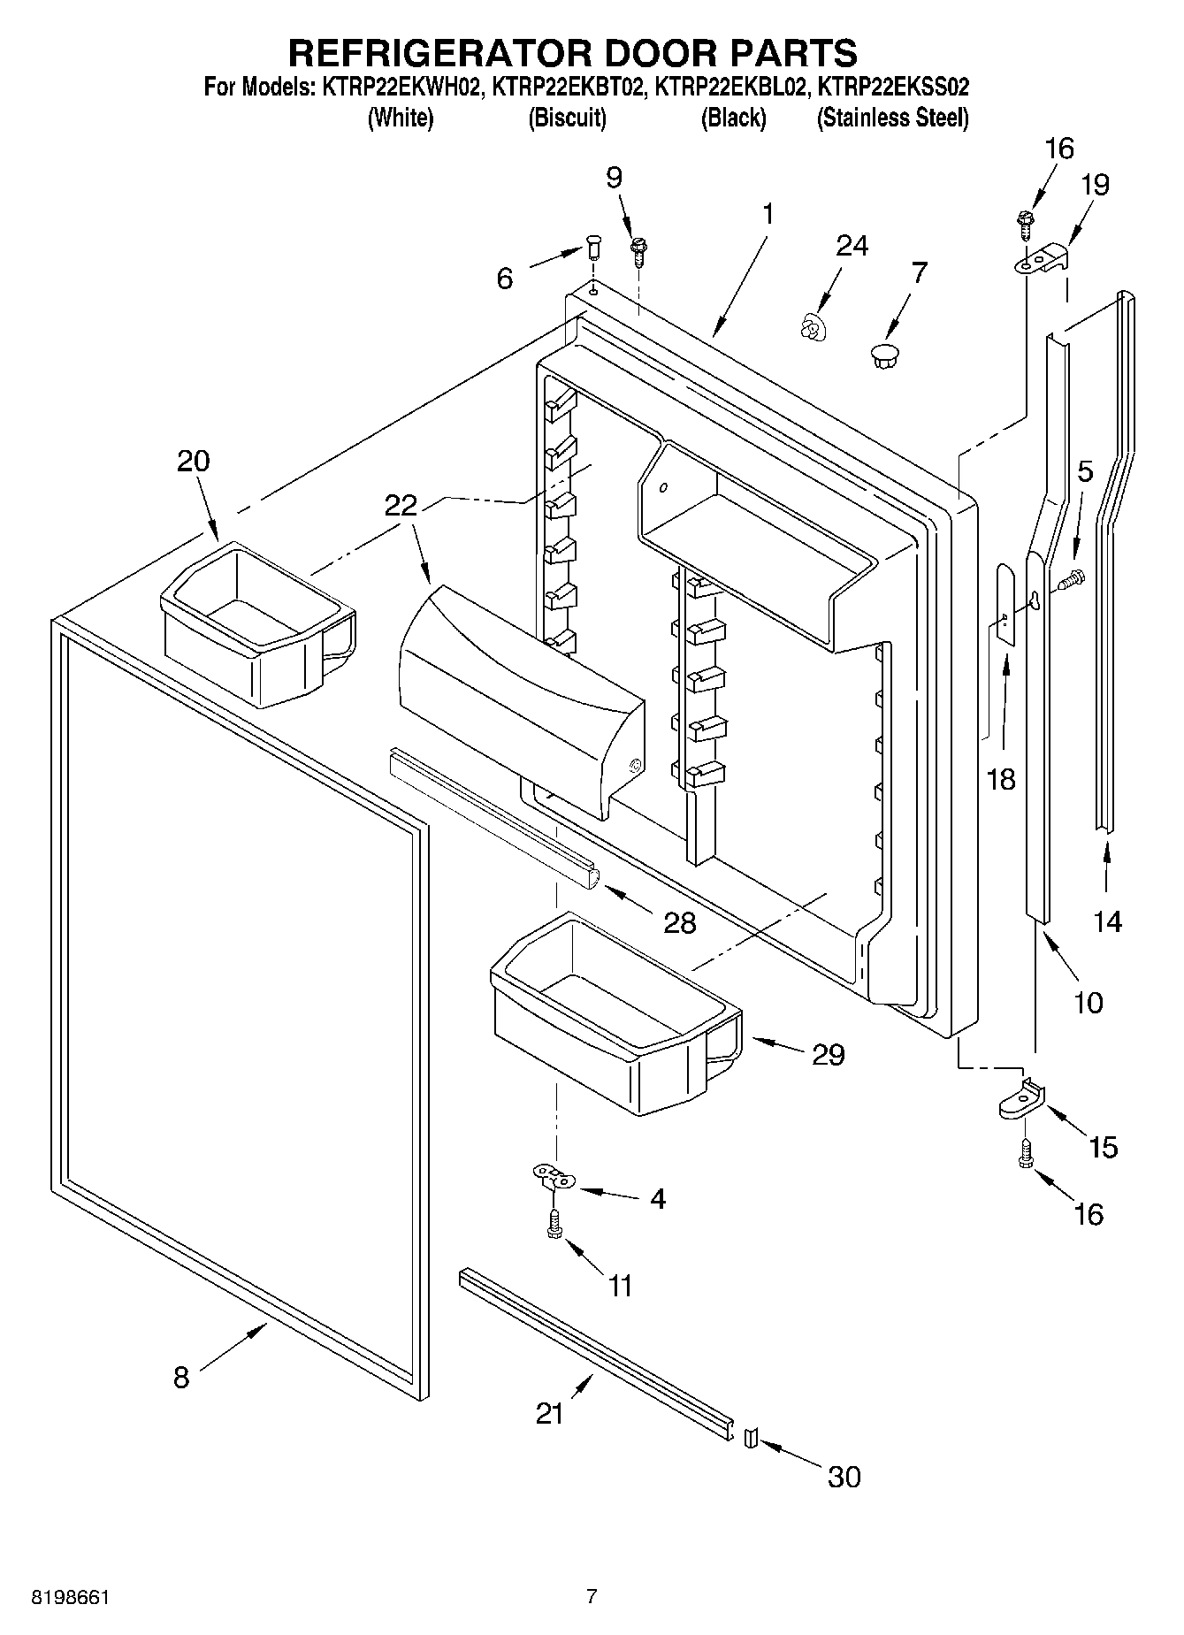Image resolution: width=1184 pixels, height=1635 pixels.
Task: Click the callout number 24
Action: [x=852, y=245]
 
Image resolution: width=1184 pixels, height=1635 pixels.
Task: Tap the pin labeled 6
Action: [x=593, y=248]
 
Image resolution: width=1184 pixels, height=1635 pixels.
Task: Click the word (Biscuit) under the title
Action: [x=567, y=118]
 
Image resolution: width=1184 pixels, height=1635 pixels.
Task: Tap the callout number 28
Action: [x=681, y=922]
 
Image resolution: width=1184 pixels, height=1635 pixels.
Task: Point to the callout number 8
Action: [x=181, y=1377]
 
